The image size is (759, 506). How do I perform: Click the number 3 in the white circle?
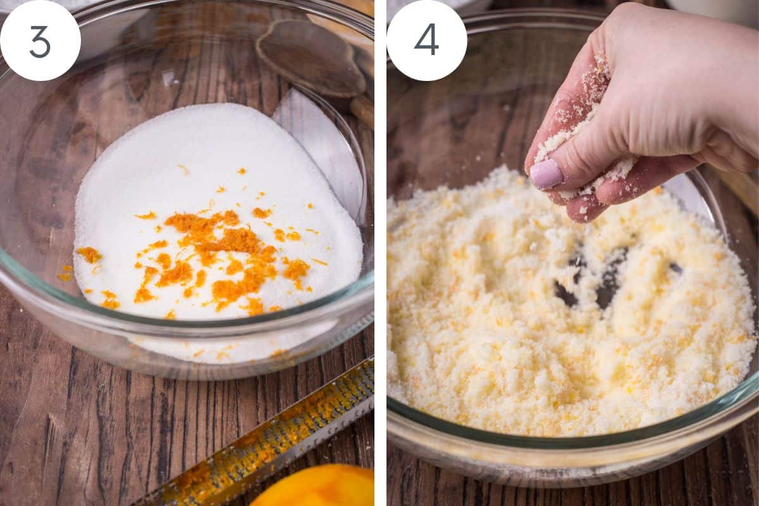tap(40, 41)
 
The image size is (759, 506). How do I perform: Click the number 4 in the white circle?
tap(426, 40)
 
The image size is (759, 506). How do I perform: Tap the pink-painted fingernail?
tap(546, 173)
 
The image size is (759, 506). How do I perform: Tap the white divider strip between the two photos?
tap(380, 253)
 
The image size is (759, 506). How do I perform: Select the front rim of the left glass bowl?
tap(190, 329)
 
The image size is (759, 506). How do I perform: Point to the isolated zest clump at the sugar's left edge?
tap(89, 254)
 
